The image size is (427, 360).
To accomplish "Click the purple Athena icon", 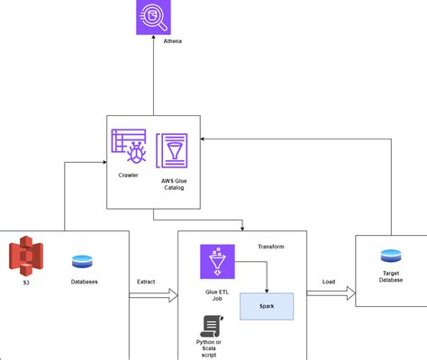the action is (x=153, y=17).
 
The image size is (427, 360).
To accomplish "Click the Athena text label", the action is (x=172, y=41).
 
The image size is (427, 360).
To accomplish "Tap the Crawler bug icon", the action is (x=129, y=147).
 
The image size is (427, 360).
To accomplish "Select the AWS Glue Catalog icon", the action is (x=172, y=150).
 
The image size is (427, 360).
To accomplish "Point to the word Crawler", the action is (x=128, y=175).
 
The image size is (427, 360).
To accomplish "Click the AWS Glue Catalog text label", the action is (x=174, y=184).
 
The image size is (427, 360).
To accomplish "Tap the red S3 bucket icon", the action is (x=26, y=256).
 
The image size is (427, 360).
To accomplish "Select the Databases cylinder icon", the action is (x=82, y=261).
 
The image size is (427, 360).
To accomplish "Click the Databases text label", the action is (x=84, y=282).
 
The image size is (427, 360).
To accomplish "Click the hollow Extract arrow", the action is (x=153, y=295).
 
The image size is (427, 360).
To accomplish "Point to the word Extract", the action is (x=146, y=282).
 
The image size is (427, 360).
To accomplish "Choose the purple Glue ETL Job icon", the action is (x=217, y=262).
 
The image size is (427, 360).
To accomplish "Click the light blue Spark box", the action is (x=267, y=306).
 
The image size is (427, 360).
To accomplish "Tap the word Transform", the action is (x=271, y=247).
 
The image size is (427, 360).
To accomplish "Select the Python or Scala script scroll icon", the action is (x=212, y=326).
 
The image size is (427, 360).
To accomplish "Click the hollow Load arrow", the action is (x=331, y=293).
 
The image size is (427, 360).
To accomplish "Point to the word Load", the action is (x=329, y=282).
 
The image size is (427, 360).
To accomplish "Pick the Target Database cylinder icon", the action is (x=391, y=256).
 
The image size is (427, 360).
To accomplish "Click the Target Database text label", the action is (x=391, y=276).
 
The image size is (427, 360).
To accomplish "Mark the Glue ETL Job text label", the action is (x=217, y=295).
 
